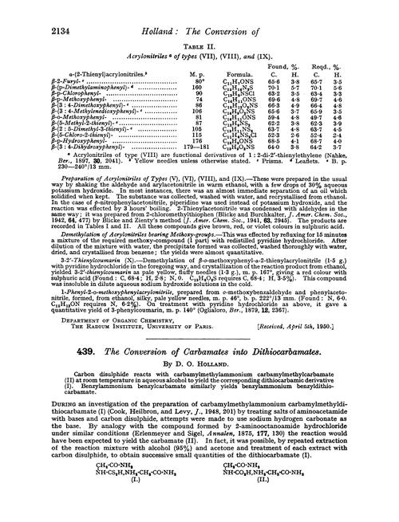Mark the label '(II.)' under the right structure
point(271,504)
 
